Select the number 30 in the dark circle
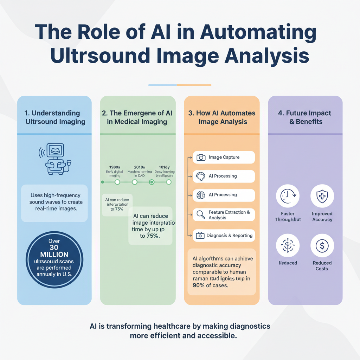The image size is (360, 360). click(54, 247)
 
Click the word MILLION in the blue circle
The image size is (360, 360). click(54, 255)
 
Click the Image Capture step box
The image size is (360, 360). click(224, 157)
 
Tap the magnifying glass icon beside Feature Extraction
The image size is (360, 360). click(201, 215)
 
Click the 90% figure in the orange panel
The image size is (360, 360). click(200, 285)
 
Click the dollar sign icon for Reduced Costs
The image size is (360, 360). click(322, 246)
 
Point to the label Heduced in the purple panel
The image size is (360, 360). click(288, 263)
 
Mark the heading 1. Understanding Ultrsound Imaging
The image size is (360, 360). click(55, 117)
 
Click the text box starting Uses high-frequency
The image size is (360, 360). click(54, 202)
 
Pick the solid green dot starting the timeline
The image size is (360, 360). click(102, 182)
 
